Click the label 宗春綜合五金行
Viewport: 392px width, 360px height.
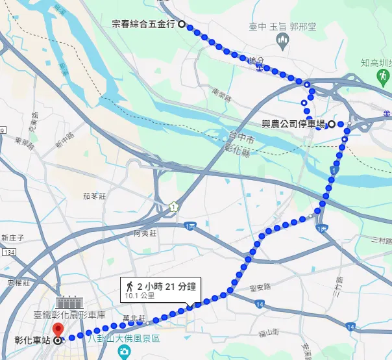[x=143, y=24]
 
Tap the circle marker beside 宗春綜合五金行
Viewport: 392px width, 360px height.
[x=181, y=24]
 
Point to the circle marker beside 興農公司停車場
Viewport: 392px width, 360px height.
[x=332, y=123]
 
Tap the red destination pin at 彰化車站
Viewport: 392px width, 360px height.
[x=56, y=329]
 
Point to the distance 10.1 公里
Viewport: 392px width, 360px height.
[x=141, y=295]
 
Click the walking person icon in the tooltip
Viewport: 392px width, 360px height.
[x=130, y=285]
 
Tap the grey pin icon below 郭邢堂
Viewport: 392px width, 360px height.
[x=282, y=42]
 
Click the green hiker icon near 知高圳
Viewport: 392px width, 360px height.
[x=382, y=76]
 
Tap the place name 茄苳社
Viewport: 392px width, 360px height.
[x=93, y=195]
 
